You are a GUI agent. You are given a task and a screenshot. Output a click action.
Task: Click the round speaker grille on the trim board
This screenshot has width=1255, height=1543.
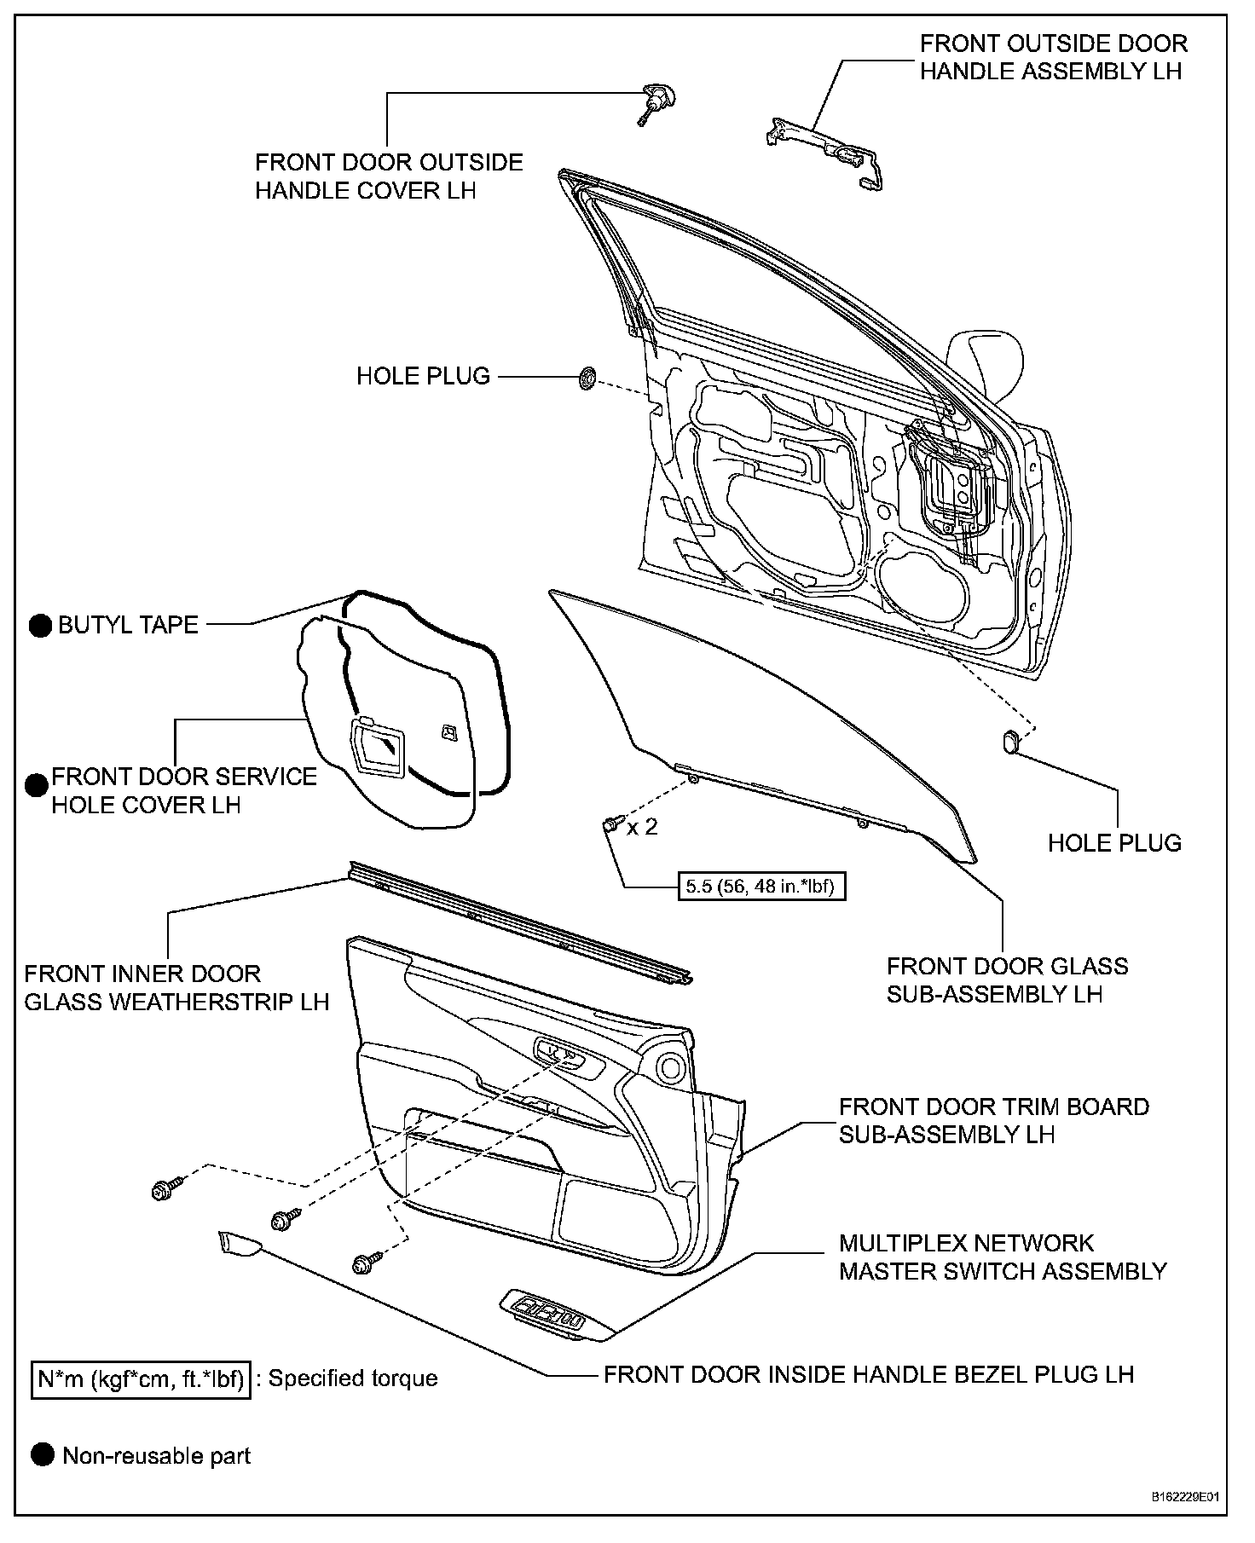pyautogui.click(x=672, y=1067)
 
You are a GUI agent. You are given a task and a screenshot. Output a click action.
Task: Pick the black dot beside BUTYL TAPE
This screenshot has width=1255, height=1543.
pyautogui.click(x=40, y=626)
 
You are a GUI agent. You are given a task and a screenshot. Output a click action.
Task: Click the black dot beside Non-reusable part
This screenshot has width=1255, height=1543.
pyautogui.click(x=42, y=1455)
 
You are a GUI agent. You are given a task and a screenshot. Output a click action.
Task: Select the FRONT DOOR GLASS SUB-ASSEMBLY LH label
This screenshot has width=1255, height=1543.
pyautogui.click(x=1007, y=980)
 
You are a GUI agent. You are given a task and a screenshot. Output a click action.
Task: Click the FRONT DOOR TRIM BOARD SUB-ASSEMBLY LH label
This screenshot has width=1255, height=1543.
pyautogui.click(x=994, y=1120)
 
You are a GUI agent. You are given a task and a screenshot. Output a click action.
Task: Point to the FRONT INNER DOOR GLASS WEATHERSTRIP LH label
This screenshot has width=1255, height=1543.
pyautogui.click(x=176, y=987)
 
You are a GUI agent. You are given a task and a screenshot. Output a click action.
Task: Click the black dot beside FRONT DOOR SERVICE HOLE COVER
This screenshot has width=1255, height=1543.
pyautogui.click(x=36, y=785)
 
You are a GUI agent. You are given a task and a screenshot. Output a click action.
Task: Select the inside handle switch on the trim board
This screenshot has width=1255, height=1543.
pyautogui.click(x=561, y=1055)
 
